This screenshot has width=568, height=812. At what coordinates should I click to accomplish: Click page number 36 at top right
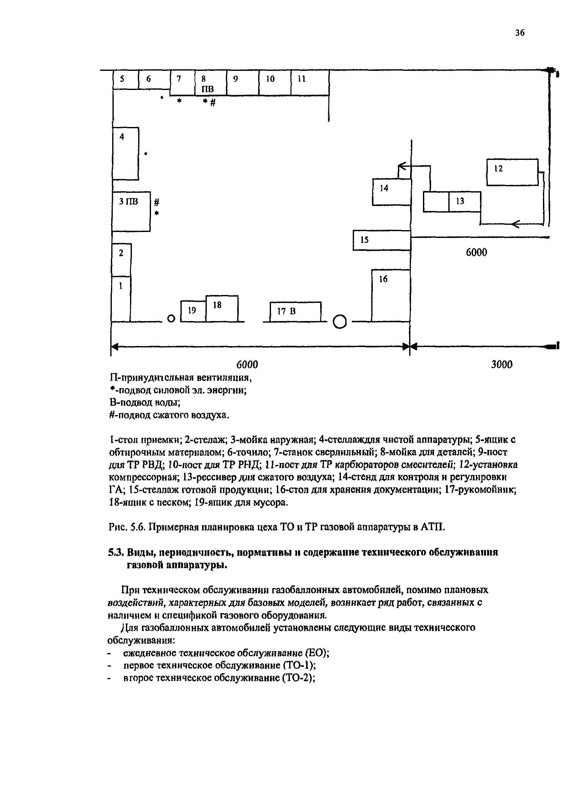pos(519,33)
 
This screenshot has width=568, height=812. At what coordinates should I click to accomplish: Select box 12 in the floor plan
pos(512,172)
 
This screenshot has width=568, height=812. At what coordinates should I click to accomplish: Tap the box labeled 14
pos(391,192)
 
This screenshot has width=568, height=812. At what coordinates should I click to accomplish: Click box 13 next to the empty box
pos(464,202)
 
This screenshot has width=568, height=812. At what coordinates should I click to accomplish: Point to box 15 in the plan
pos(381,240)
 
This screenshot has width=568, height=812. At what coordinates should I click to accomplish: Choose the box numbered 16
pos(391,295)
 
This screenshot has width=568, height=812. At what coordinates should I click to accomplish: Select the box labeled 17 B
pos(295,312)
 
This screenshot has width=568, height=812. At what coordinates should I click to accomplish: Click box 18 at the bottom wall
pos(221,308)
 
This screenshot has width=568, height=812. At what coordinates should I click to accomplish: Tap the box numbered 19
pos(193,311)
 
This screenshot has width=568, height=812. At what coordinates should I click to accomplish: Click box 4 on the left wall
pos(125,154)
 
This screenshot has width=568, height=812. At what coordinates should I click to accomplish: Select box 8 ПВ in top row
pos(210,83)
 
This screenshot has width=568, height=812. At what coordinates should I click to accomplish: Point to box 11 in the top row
pos(310,83)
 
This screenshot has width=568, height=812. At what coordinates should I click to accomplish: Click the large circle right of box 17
pos(340,322)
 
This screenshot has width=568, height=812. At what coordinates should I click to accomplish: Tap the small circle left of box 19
pos(171,319)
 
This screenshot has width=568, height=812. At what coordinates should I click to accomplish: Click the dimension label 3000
pos(502,365)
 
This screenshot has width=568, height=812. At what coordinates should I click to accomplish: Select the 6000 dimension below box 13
pos(476,252)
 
